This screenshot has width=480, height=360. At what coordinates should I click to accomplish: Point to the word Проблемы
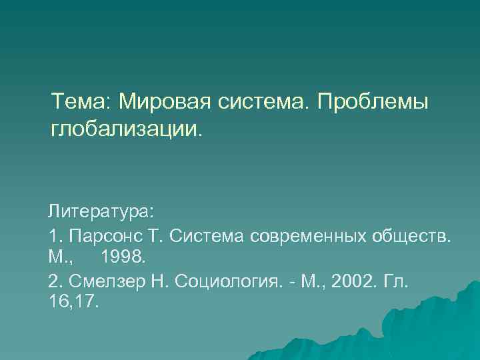[373, 103]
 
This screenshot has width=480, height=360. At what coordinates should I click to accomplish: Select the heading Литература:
[101, 212]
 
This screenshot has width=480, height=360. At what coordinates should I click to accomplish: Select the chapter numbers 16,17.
[74, 301]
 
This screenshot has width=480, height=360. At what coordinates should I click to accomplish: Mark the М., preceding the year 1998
[60, 257]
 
